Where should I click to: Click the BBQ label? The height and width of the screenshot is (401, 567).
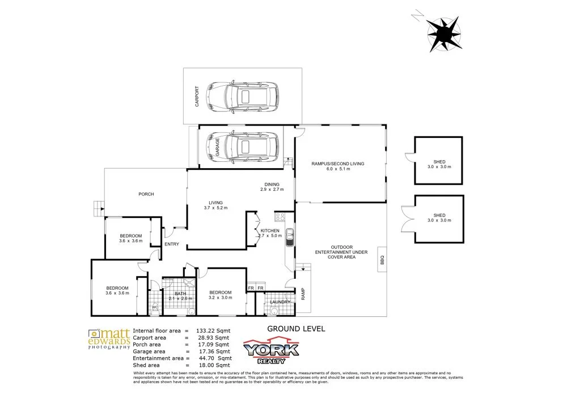(382, 260)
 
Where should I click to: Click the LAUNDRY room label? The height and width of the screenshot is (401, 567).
(280, 302)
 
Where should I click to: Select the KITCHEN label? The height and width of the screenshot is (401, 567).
(269, 230)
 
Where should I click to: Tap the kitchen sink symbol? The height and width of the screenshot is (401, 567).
(289, 236)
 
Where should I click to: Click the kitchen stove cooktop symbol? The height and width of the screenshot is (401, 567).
(279, 216)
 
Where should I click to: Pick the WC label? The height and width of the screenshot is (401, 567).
(154, 307)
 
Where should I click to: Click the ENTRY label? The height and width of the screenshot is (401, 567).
(172, 244)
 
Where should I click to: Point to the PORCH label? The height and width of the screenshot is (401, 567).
(146, 194)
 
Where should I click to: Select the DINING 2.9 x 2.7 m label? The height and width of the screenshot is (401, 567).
(272, 186)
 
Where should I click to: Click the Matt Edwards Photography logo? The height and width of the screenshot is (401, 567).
(109, 339)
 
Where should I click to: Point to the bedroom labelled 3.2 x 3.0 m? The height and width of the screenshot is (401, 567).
(221, 294)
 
